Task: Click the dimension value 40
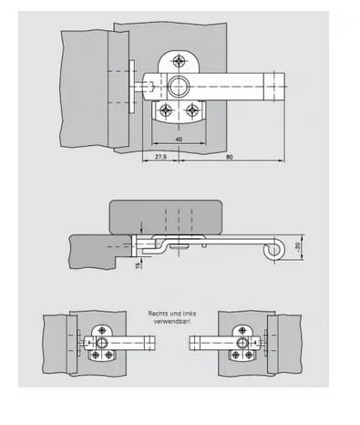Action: pyautogui.click(x=179, y=140)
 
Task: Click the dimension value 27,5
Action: pyautogui.click(x=161, y=157)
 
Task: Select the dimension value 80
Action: pyautogui.click(x=230, y=157)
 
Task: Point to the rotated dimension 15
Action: pyautogui.click(x=139, y=264)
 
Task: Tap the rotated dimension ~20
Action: pyautogui.click(x=297, y=247)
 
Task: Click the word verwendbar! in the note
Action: pyautogui.click(x=172, y=321)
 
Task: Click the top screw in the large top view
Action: pyautogui.click(x=180, y=61)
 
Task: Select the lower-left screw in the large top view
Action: pyautogui.click(x=166, y=109)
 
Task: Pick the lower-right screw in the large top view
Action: pyautogui.click(x=192, y=109)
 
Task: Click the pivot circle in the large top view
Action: pyautogui.click(x=179, y=87)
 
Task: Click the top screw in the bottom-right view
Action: pyautogui.click(x=242, y=330)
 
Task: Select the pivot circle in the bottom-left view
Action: pyautogui.click(x=102, y=343)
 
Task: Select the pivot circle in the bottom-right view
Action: pyautogui.click(x=242, y=343)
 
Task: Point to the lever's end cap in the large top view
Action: pyautogui.click(x=274, y=87)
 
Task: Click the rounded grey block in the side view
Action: pyautogui.click(x=166, y=217)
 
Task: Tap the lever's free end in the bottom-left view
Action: pyautogui.click(x=151, y=343)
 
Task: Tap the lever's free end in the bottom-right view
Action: pyautogui.click(x=194, y=343)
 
